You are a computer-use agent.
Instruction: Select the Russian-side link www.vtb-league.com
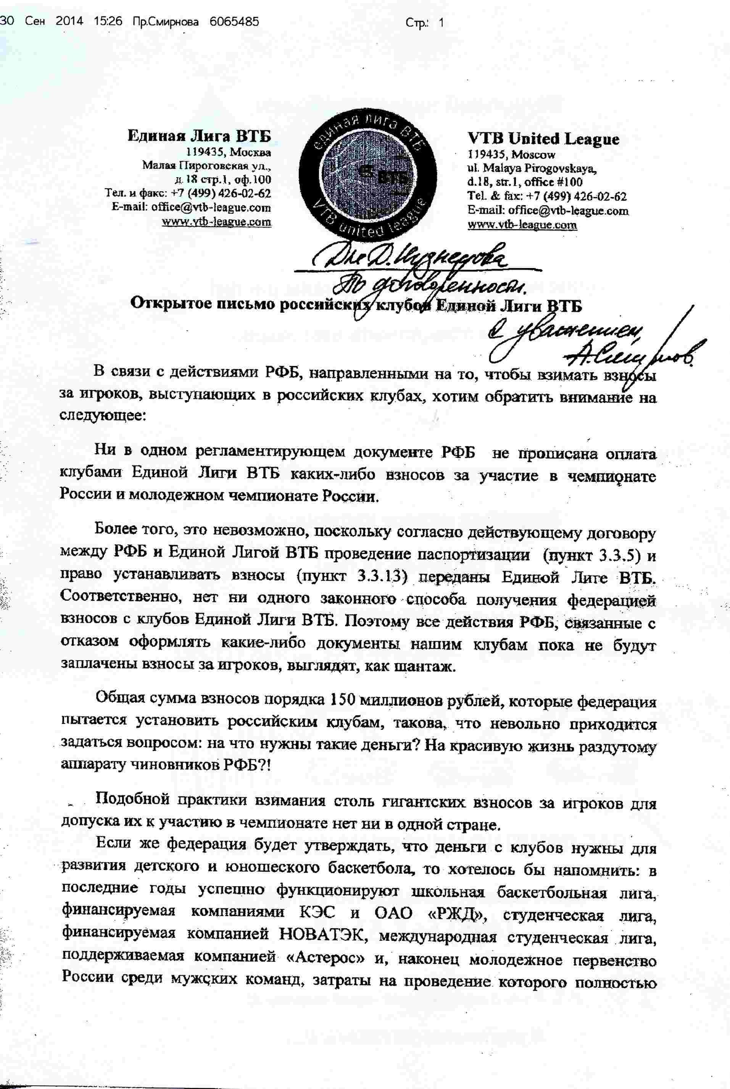[216, 222]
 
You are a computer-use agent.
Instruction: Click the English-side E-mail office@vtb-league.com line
[548, 210]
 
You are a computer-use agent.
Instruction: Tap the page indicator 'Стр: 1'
[425, 23]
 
